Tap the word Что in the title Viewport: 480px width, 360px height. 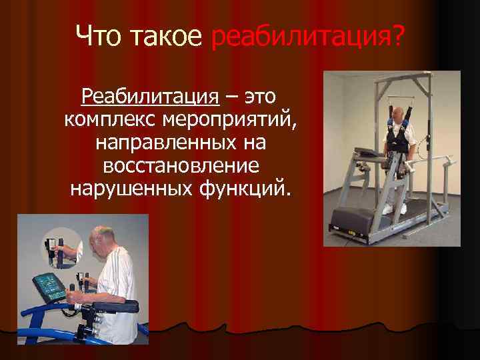click(x=101, y=37)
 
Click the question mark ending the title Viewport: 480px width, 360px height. click(x=398, y=37)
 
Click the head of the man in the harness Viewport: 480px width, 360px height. click(x=399, y=115)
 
